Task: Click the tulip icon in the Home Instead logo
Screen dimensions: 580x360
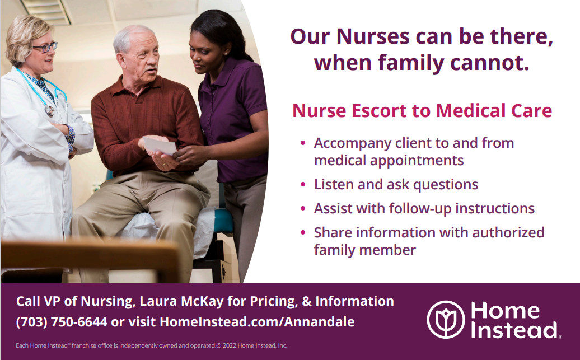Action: click(446, 319)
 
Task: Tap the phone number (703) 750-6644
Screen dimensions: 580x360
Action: click(62, 322)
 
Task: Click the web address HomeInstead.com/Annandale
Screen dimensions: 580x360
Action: click(257, 321)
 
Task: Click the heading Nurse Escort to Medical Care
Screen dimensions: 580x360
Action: click(422, 111)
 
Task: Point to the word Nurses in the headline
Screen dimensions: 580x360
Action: click(373, 36)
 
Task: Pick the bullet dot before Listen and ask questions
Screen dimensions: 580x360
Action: click(303, 184)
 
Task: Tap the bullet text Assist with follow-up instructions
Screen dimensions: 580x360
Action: click(424, 209)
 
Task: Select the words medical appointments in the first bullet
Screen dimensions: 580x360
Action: click(389, 161)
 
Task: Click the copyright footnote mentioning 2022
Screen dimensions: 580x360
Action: click(151, 345)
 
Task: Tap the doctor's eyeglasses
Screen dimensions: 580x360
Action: click(45, 47)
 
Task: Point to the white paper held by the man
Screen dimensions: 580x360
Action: click(160, 146)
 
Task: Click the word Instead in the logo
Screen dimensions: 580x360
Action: click(514, 330)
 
